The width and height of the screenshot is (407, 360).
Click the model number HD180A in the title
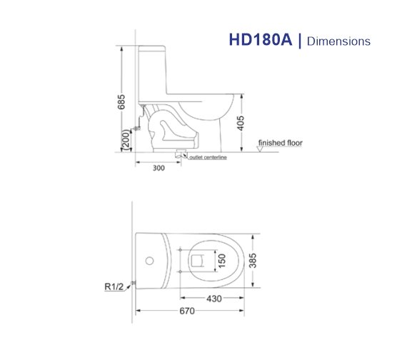(x=261, y=41)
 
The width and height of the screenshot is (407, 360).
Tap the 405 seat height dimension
(x=241, y=124)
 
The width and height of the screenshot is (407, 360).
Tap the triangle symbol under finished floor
(x=261, y=148)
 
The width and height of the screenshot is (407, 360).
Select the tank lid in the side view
(x=153, y=49)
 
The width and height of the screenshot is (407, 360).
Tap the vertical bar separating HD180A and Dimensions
(x=300, y=41)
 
